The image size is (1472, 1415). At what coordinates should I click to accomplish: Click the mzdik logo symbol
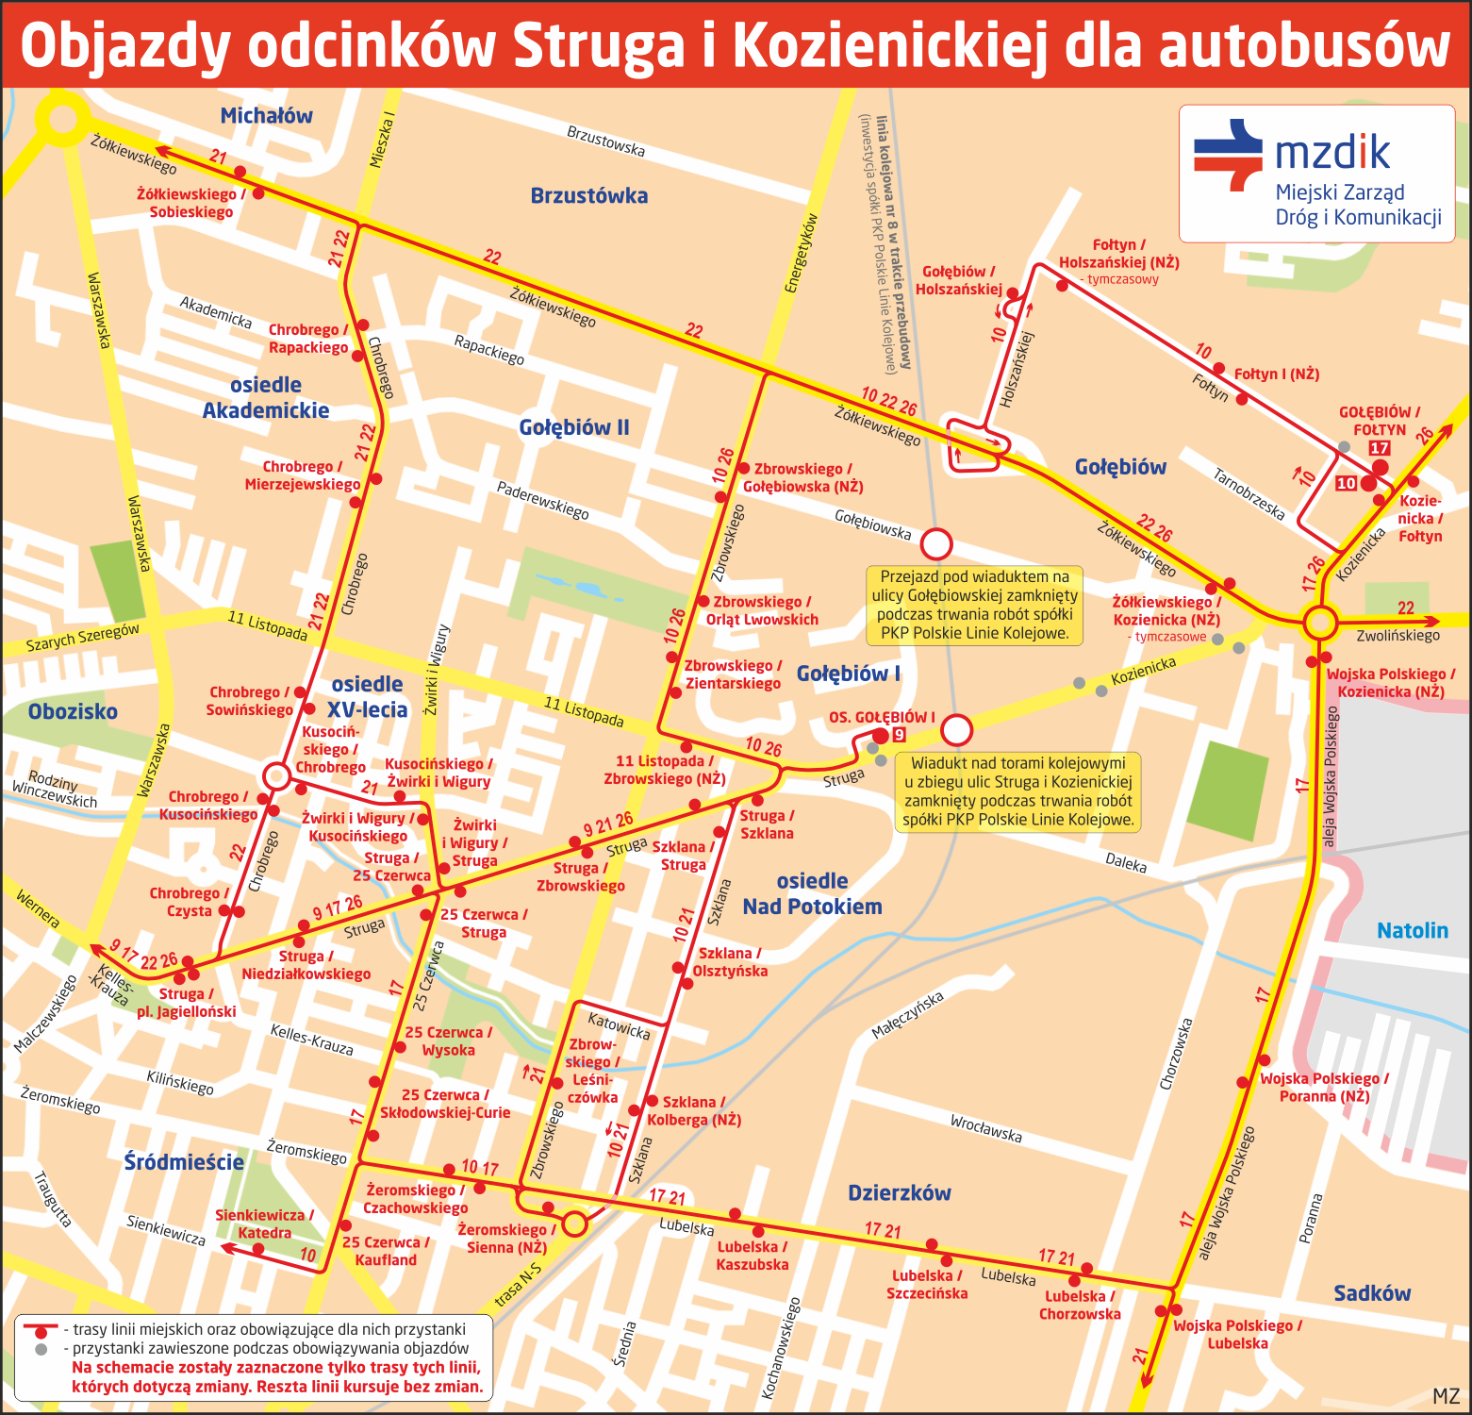pos(1228,156)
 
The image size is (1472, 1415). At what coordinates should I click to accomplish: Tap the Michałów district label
pos(266,116)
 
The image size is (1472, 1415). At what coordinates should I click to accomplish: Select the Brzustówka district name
pos(588,196)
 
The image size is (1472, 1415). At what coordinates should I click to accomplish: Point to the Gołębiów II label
pos(573,427)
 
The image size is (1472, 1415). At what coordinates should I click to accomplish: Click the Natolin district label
pos(1412,931)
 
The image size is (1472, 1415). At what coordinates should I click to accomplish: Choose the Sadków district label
pos(1372,1293)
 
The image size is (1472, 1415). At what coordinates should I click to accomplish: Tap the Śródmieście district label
pos(184,1162)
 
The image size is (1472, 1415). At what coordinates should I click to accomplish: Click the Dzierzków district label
pos(899,1193)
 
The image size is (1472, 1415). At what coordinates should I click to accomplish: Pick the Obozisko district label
pos(73,711)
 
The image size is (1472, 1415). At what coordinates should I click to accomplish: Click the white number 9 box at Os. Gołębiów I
pos(899,735)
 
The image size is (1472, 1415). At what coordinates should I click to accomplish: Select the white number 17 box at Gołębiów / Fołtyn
pos(1380,449)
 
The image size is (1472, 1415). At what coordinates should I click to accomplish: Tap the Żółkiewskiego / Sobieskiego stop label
pos(190,203)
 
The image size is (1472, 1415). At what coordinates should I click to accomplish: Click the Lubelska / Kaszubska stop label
pos(752,1256)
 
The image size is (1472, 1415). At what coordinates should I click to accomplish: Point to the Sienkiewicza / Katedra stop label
pos(264,1224)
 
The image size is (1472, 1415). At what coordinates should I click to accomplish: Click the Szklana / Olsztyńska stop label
pos(732,962)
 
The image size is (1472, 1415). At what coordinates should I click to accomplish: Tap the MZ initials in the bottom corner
pos(1446,1396)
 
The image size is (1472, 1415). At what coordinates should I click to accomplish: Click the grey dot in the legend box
pos(41,1349)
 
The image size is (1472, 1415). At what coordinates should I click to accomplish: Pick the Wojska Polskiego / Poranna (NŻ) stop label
pos(1324,1087)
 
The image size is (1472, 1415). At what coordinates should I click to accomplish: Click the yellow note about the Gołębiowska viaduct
pos(974,605)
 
